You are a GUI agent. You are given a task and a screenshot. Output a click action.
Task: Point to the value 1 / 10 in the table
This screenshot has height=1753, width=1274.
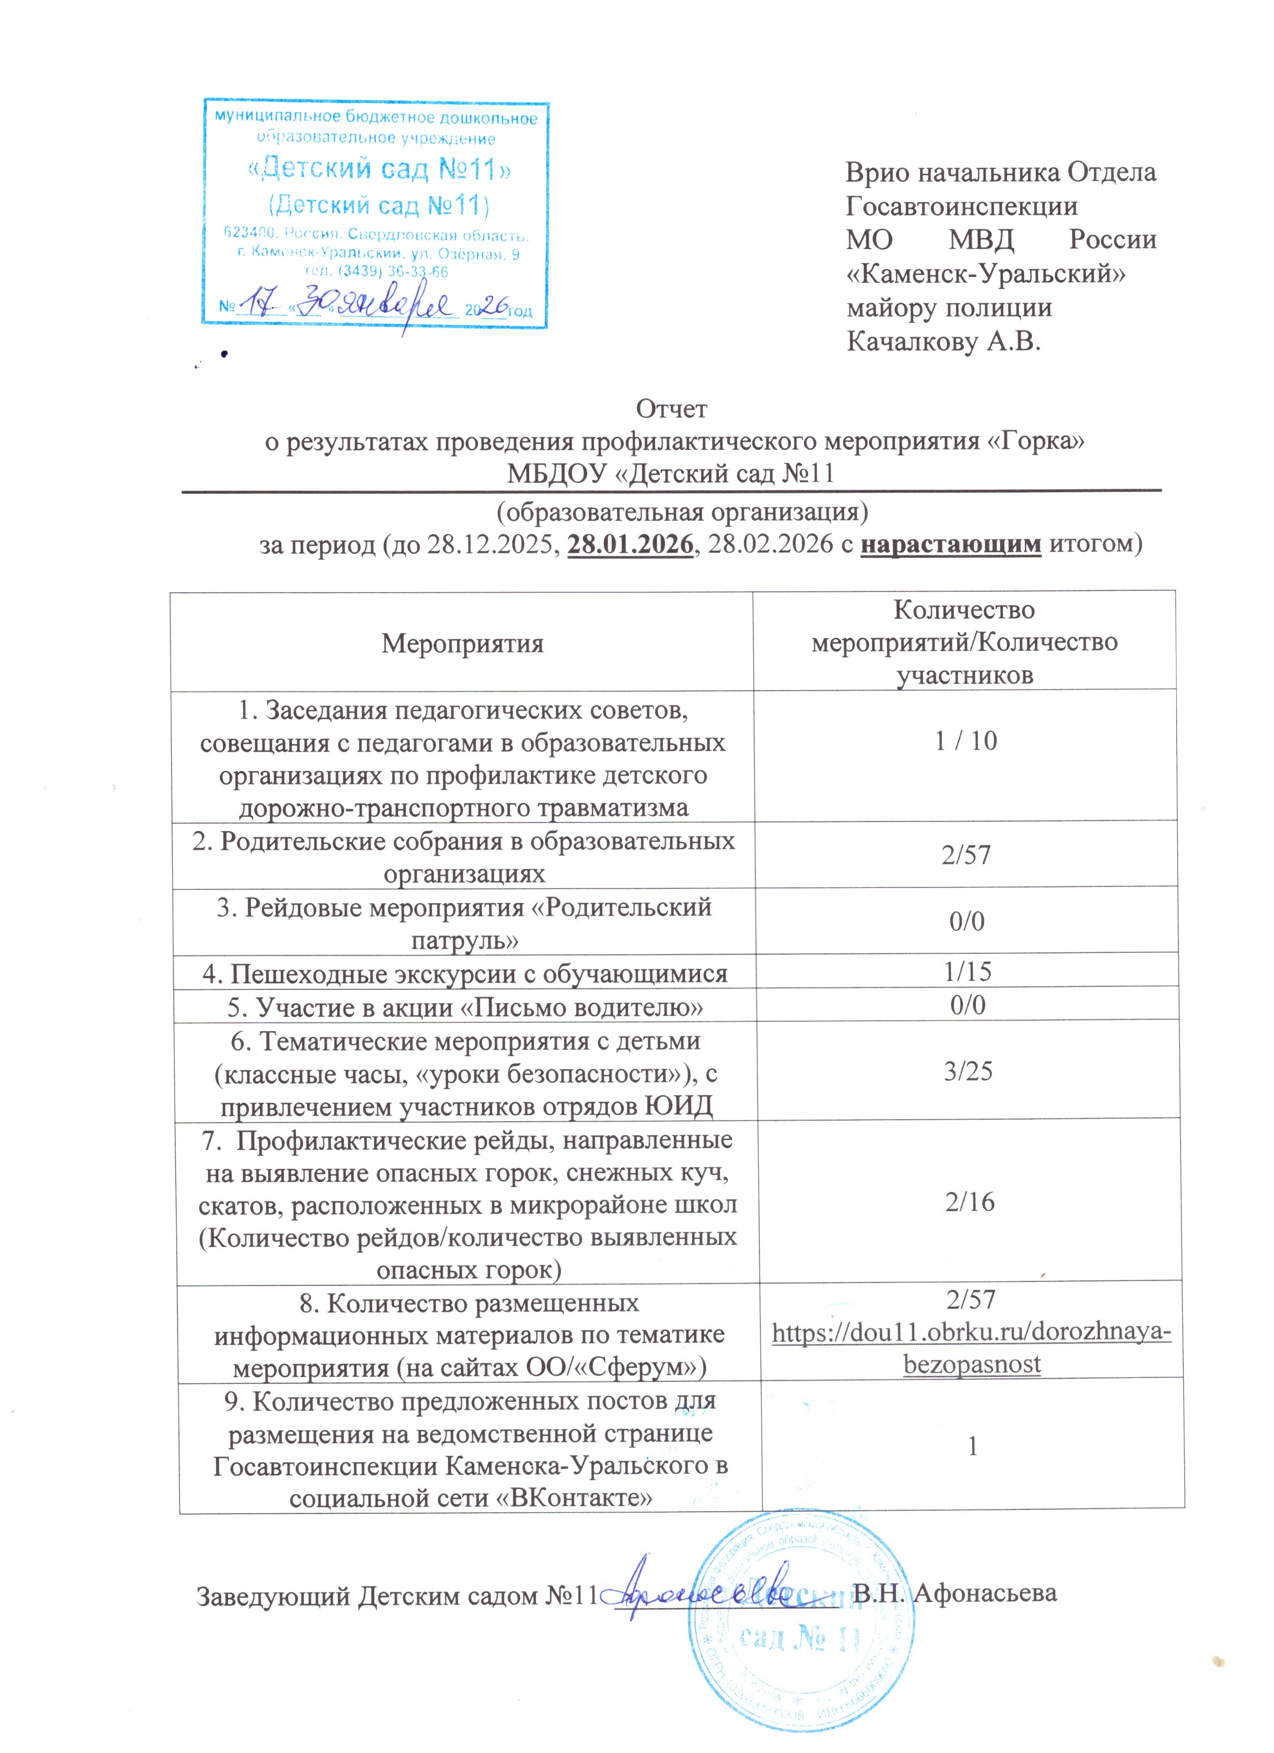(x=966, y=741)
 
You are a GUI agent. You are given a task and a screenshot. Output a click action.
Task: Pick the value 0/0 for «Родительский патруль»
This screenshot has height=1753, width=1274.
(x=966, y=920)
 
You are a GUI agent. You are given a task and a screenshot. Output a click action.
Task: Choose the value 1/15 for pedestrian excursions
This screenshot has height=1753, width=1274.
(x=967, y=971)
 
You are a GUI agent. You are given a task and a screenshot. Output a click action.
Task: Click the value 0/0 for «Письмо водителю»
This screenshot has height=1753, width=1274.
(x=967, y=1004)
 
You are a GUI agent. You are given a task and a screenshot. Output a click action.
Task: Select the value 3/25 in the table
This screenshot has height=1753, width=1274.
(x=968, y=1071)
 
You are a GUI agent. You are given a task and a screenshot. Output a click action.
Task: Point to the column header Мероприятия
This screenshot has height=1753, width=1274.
(x=462, y=643)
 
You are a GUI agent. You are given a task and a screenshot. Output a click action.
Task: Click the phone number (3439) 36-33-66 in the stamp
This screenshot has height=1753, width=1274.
(x=376, y=271)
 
